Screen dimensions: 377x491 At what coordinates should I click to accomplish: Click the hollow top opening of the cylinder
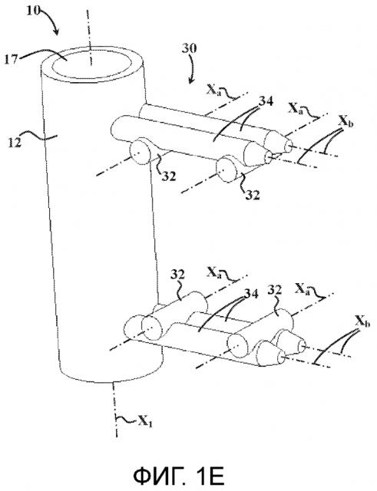pos(91,64)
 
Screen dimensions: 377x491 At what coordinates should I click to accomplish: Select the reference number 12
pos(15,143)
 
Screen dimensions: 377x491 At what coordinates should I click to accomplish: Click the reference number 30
pos(190,48)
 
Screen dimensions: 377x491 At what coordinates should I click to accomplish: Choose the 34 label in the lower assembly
pos(251,294)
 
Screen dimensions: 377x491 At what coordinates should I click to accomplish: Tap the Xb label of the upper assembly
pos(346,122)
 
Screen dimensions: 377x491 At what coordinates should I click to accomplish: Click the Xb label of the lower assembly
pos(362,321)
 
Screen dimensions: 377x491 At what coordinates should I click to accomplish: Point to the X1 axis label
pos(145,422)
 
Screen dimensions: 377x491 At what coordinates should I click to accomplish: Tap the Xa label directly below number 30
pos(213,90)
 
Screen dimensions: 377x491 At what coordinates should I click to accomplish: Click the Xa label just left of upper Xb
pos(296,109)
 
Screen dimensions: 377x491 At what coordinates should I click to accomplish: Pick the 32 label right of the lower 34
pos(274,290)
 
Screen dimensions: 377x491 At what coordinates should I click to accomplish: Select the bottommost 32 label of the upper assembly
pos(253,196)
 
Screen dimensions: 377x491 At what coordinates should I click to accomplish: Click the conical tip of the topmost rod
pos(285,143)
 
